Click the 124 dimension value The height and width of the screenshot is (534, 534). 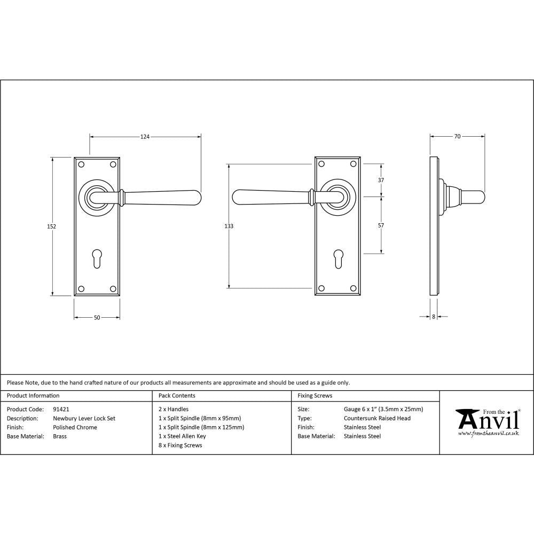[x=145, y=137]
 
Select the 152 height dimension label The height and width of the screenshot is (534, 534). [x=52, y=226]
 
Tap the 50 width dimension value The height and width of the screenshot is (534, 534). [x=97, y=318]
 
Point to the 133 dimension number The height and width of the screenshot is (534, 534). [x=229, y=226]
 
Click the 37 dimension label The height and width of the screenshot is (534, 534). [x=381, y=180]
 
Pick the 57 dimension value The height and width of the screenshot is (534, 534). [x=381, y=225]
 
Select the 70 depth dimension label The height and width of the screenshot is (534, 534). [x=457, y=137]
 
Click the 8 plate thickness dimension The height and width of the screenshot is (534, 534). [x=434, y=317]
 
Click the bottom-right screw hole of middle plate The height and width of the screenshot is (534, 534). [x=354, y=289]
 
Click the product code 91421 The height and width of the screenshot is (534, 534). [x=61, y=410]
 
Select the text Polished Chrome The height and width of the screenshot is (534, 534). [x=75, y=427]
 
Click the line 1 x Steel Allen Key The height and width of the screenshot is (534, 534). [x=182, y=436]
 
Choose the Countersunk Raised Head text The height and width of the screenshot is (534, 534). [x=377, y=418]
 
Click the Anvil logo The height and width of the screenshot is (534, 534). [x=486, y=422]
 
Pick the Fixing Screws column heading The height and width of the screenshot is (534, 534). [x=315, y=396]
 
